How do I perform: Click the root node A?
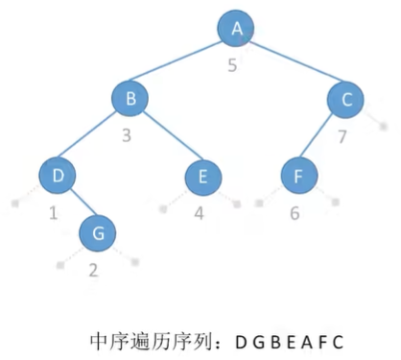click(236, 29)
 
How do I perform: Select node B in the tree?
click(130, 98)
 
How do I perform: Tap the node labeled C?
click(345, 99)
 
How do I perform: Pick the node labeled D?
click(58, 176)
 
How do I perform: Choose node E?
click(203, 177)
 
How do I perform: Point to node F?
click(299, 176)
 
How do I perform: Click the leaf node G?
click(98, 233)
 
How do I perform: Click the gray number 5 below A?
click(232, 65)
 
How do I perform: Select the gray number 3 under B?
click(127, 135)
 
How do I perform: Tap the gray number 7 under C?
click(342, 136)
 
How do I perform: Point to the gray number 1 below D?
click(54, 212)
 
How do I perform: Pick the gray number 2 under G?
click(93, 271)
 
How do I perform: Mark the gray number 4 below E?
click(200, 213)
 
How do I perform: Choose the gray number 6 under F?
click(295, 213)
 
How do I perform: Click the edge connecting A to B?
click(176, 60)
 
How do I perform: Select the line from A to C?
click(296, 60)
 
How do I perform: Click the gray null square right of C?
click(384, 127)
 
